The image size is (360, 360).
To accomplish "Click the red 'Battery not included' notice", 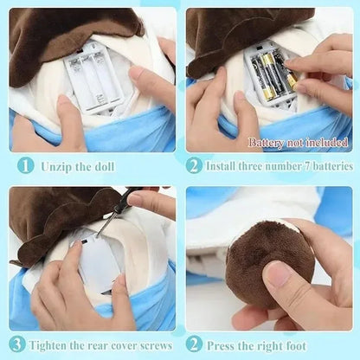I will click(299, 143).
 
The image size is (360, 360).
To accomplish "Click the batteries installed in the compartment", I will click(271, 76).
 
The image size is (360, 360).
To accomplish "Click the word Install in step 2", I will click(227, 164).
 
